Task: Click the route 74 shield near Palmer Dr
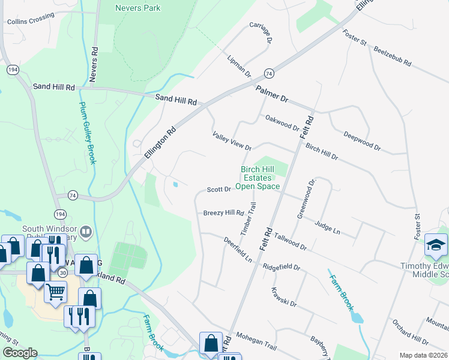pos(268,73)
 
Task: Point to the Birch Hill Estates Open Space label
pos(260,178)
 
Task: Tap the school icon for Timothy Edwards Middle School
pos(436,245)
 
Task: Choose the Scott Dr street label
pos(219,190)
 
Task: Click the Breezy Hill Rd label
pos(223,213)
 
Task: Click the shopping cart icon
pos(55,292)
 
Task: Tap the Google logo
pos(20,353)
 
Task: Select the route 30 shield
pos(63,272)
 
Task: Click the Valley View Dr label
pos(231,142)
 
